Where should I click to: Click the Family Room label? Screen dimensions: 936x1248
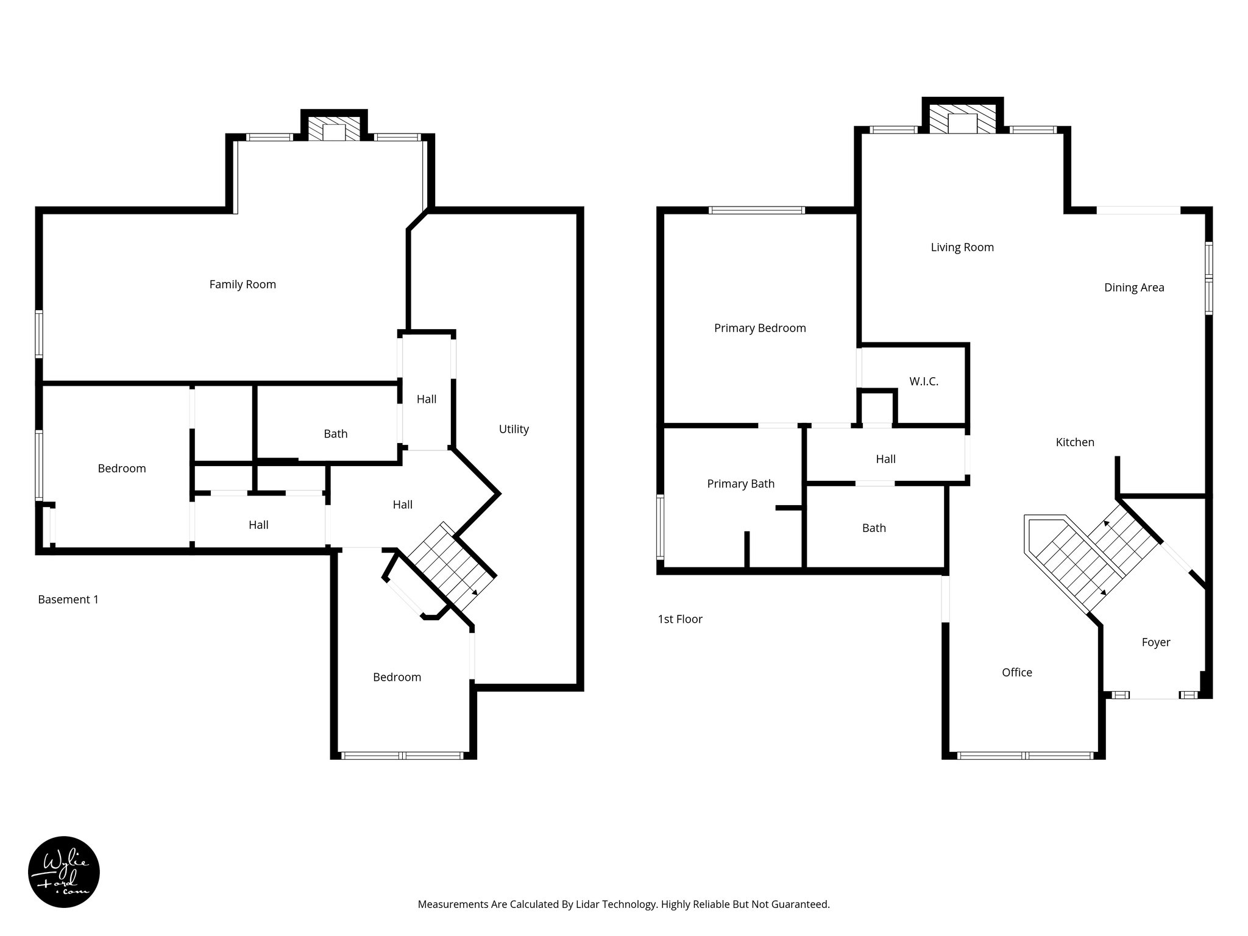(x=243, y=285)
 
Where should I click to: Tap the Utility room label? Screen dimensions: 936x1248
(x=514, y=429)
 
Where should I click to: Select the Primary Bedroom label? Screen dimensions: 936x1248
(x=760, y=328)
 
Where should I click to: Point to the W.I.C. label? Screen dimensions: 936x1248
(x=924, y=381)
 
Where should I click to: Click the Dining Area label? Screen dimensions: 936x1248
(x=1134, y=288)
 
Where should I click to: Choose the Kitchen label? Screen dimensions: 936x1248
(x=1075, y=442)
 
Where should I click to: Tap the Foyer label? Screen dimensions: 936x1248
(x=1155, y=642)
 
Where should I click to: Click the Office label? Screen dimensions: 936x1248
(x=1017, y=673)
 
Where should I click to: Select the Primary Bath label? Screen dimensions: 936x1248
(x=740, y=484)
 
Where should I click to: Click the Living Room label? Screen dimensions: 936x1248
(x=962, y=247)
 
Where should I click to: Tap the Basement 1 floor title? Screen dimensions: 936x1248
(x=68, y=600)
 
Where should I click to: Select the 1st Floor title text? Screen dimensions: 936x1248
(x=680, y=619)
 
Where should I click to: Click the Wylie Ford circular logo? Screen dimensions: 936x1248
(x=64, y=872)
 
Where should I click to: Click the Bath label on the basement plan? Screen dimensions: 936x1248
(x=335, y=434)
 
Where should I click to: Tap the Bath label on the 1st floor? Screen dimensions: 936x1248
(x=874, y=528)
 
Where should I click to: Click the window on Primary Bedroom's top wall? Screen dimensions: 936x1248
(x=757, y=210)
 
